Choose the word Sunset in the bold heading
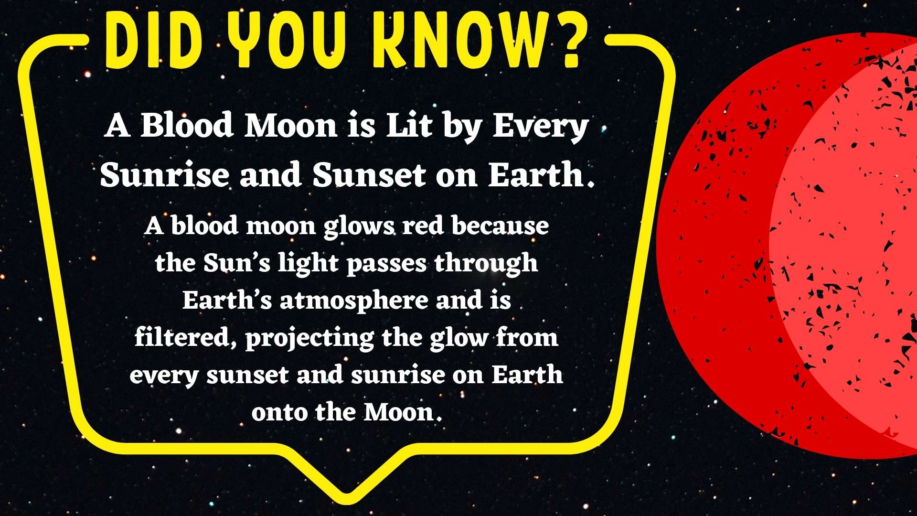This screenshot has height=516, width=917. [x=369, y=174]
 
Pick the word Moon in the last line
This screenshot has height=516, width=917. [x=399, y=412]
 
